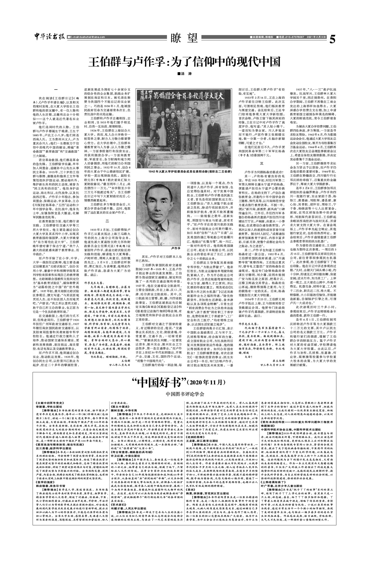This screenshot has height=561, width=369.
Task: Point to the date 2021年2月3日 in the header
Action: pos(317,37)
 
